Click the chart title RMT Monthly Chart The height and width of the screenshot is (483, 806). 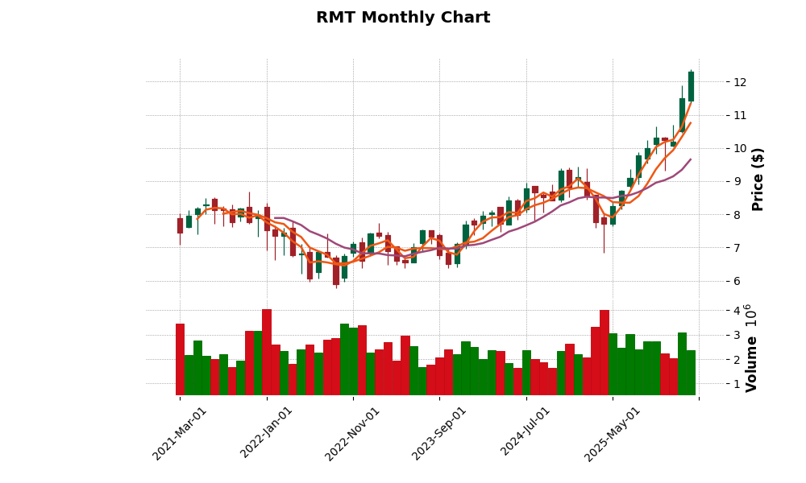click(403, 18)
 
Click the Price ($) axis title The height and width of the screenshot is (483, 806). click(758, 179)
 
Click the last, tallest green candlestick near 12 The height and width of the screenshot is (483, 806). click(691, 86)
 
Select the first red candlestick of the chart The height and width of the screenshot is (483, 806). click(180, 225)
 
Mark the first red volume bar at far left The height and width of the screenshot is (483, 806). click(180, 359)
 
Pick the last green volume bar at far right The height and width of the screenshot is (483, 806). click(691, 373)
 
